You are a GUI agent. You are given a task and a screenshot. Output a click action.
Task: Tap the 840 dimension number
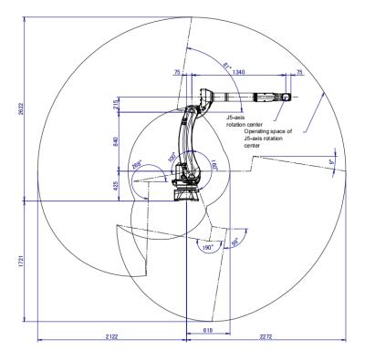pos(118,142)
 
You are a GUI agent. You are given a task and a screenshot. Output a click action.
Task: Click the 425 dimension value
pos(118,185)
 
